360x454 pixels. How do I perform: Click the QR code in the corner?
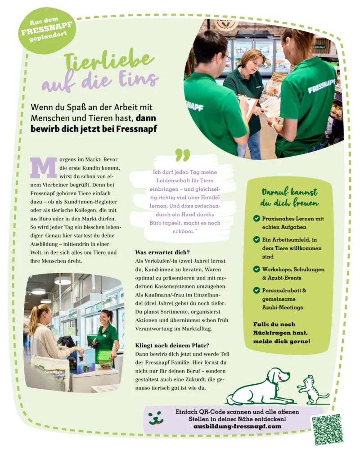click(328, 429)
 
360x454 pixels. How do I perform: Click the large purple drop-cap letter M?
click(44, 168)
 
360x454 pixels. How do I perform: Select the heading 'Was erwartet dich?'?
click(162, 252)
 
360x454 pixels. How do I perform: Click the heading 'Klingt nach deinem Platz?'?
click(172, 346)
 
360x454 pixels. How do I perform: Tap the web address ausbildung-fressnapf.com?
click(237, 426)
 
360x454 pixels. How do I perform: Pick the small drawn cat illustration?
click(312, 390)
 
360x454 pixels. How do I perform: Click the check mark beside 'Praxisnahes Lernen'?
click(256, 218)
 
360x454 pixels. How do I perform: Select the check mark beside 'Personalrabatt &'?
click(256, 290)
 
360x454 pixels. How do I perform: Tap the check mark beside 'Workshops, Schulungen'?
click(256, 269)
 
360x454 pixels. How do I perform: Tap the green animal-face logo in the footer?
click(156, 418)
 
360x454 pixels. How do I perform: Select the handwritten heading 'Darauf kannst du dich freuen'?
click(289, 197)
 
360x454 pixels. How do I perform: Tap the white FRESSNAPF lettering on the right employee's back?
click(321, 86)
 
